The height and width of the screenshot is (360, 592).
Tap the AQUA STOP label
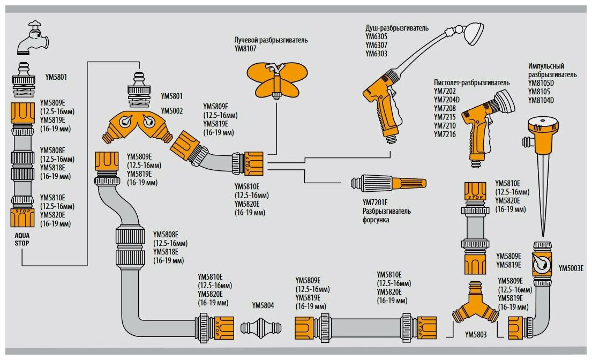point(22,239)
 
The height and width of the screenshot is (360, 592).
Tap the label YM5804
point(263,305)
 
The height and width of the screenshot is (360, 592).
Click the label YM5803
point(476,335)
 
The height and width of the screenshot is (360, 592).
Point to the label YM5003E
point(571,268)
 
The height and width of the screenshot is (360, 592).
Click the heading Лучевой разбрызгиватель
point(271,40)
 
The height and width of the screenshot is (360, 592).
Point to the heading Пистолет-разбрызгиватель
point(471,83)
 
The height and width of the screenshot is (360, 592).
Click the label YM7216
point(445,134)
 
